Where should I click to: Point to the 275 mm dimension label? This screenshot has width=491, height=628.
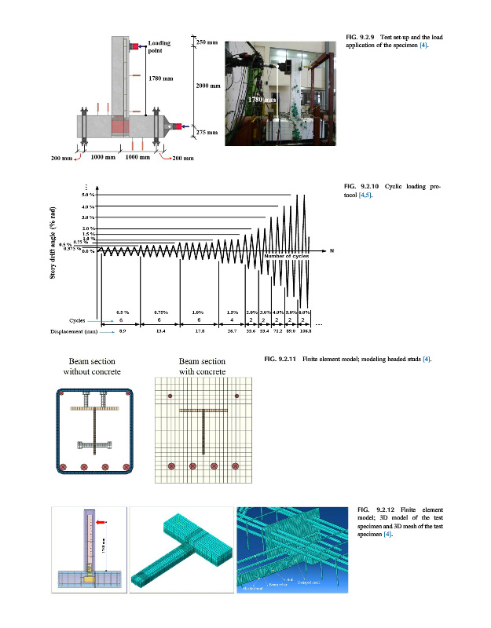[206, 133]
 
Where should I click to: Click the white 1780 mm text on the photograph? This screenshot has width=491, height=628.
[263, 100]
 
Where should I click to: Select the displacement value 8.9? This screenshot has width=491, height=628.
[122, 332]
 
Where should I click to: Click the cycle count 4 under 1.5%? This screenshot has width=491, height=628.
[232, 320]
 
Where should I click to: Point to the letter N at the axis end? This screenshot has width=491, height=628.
[332, 251]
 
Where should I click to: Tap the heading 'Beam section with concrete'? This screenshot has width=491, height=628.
[202, 366]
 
